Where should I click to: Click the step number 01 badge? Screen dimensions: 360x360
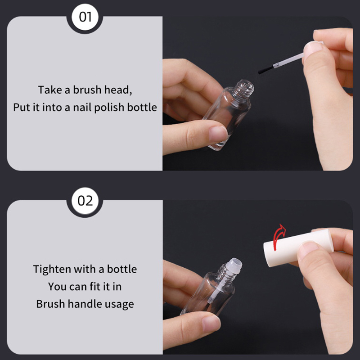tap(85, 17)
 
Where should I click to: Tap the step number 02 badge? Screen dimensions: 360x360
tap(85, 200)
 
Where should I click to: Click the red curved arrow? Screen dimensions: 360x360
tap(279, 237)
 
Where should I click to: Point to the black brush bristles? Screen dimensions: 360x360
tap(266, 69)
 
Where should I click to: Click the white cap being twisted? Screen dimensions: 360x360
tap(298, 247)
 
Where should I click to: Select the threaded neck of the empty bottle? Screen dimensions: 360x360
tap(243, 88)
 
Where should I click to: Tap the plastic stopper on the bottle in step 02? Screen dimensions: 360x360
tap(233, 265)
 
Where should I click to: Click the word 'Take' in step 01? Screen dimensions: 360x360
tap(50, 90)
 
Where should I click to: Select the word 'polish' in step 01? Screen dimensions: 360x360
tap(109, 107)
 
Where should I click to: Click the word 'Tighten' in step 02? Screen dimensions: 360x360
tap(52, 269)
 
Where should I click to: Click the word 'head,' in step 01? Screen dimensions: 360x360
tap(118, 90)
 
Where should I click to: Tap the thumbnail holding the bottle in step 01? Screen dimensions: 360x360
tap(218, 134)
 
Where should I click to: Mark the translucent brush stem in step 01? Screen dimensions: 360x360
tap(289, 61)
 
